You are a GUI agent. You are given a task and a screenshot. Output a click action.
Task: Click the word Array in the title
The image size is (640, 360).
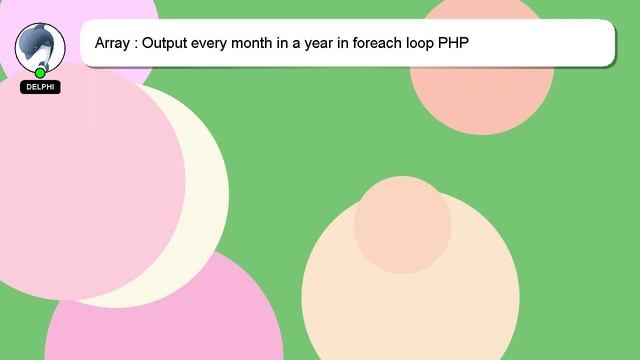(x=112, y=45)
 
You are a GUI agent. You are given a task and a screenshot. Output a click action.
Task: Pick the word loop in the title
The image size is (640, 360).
(x=430, y=45)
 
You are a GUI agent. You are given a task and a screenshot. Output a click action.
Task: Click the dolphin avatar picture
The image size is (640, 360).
(x=40, y=44)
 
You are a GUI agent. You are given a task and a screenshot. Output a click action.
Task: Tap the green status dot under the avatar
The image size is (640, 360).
(x=40, y=73)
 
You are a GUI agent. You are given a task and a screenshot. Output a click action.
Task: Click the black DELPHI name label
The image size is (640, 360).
(x=40, y=87)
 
